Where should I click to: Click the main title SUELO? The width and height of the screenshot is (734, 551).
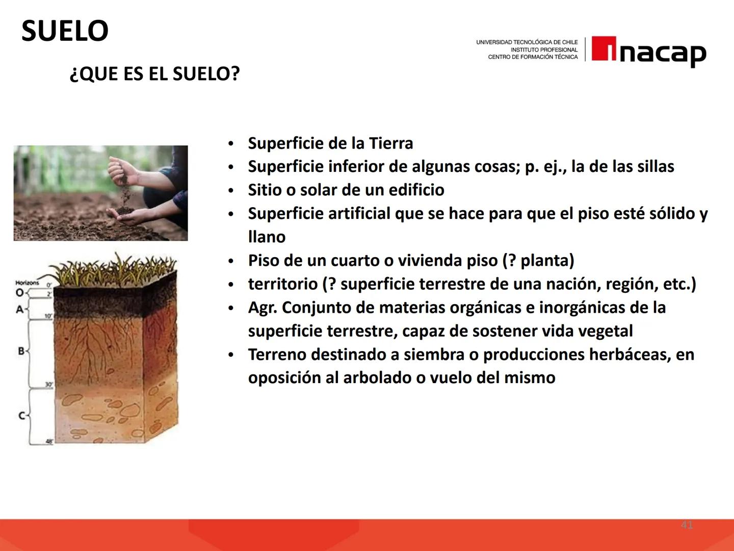click(65, 31)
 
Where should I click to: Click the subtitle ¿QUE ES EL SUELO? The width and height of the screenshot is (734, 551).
click(154, 74)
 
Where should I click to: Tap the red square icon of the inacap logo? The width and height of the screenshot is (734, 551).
click(604, 49)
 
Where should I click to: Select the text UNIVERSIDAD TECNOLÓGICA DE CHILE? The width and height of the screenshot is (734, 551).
click(527, 42)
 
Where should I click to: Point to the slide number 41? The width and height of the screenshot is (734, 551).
click(687, 524)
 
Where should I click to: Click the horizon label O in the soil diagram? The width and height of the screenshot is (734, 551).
click(19, 293)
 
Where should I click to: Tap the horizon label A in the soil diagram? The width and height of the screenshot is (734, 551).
click(19, 309)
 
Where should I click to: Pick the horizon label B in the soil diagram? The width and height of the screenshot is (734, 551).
click(21, 351)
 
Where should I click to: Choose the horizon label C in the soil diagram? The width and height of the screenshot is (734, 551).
click(21, 416)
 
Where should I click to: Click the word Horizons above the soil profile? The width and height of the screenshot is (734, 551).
click(27, 283)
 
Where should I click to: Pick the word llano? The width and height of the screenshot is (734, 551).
click(267, 237)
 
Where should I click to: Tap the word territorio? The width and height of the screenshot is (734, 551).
click(282, 284)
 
